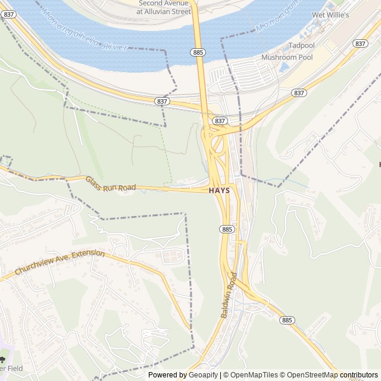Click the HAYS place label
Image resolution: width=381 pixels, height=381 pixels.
point(223,190)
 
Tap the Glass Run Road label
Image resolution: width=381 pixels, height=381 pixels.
point(111,184)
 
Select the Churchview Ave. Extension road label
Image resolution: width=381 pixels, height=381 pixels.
point(60,263)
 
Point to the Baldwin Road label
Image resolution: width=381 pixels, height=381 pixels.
point(229,295)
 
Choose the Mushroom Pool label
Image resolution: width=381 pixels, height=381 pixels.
point(287,57)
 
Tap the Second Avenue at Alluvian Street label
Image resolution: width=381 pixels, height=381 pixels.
point(164,7)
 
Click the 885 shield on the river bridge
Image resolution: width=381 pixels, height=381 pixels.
point(199,53)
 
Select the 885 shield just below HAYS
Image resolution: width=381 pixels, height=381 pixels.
point(227,229)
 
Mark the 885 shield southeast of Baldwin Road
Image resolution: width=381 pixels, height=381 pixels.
point(287,320)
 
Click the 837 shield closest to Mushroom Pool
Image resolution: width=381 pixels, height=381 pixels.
point(299,93)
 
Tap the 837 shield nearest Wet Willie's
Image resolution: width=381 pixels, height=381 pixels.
point(360,43)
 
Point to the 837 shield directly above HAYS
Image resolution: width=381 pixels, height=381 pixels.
point(220,121)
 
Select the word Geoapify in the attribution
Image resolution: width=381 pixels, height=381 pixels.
point(203,375)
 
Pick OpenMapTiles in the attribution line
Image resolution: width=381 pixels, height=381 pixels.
point(254,375)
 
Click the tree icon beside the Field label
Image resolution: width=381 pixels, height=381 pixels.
point(2,360)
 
